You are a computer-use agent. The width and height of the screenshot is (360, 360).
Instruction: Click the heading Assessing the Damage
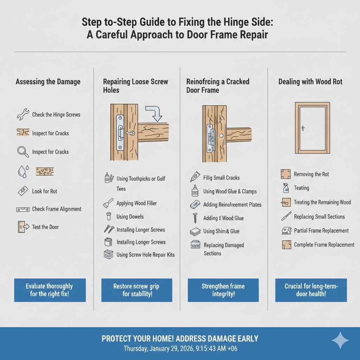[48, 82]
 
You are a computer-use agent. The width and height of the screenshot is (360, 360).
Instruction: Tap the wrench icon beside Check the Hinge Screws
[22, 114]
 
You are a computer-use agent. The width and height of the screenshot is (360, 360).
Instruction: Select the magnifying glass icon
[22, 152]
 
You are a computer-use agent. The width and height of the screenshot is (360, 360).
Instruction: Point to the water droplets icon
[22, 172]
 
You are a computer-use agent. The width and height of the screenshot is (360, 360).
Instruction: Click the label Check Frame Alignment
[57, 209]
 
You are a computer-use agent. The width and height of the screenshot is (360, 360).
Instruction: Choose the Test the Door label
[45, 227]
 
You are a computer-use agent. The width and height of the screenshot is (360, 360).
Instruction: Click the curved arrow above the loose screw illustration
[153, 111]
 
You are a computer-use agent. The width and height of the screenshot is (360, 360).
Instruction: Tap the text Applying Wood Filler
[136, 203]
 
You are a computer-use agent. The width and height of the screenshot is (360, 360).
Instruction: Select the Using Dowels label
[130, 217]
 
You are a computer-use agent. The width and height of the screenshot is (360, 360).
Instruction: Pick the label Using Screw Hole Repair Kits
[146, 255]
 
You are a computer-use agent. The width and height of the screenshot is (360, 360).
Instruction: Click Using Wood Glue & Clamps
[230, 192]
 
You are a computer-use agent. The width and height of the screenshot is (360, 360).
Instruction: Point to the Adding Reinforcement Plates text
[232, 205]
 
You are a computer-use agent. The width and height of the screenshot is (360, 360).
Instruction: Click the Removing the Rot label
[311, 174]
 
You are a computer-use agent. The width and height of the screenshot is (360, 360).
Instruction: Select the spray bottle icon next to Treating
[286, 188]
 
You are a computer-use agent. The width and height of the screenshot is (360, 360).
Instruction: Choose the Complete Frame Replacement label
[324, 245]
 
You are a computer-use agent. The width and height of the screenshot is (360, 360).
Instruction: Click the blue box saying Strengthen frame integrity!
[223, 290]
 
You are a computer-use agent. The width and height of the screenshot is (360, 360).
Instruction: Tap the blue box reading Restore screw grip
[137, 290]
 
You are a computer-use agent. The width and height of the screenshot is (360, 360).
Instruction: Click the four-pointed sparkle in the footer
[340, 341]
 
